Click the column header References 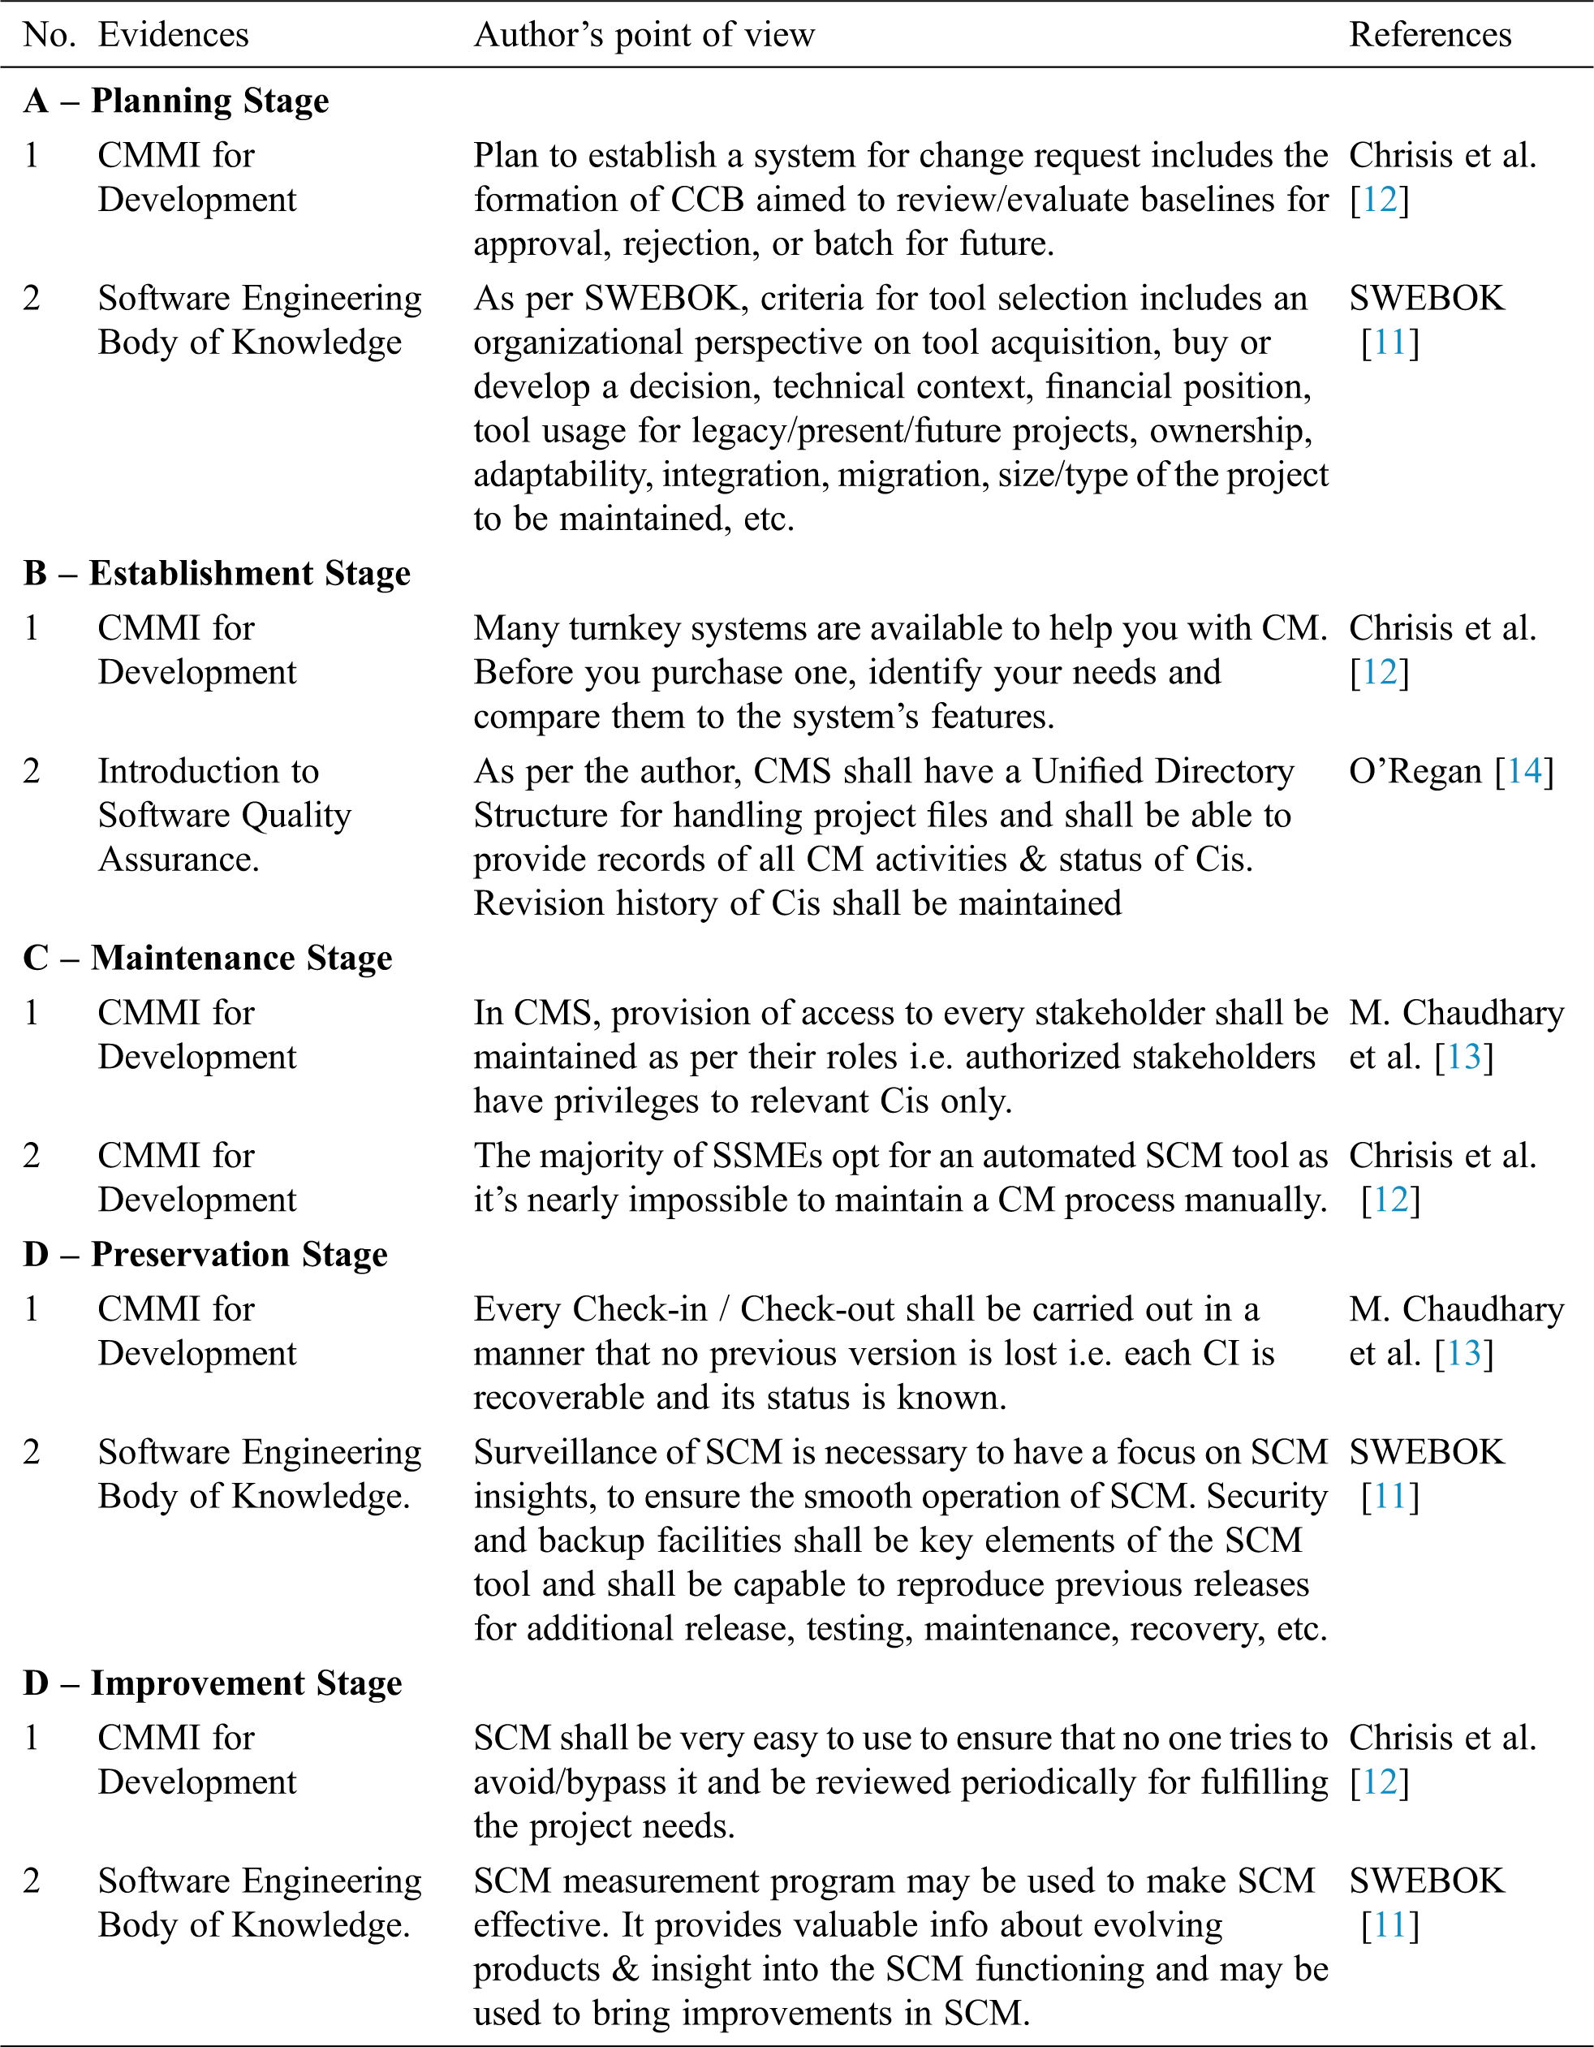(1429, 35)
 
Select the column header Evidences (174, 35)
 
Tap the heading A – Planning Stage (176, 101)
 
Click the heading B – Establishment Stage (217, 573)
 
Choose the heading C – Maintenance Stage (207, 958)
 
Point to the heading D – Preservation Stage (205, 1254)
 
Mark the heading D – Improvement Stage (213, 1683)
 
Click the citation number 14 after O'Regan (1523, 771)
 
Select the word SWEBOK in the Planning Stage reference (1426, 298)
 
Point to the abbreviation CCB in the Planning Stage (708, 200)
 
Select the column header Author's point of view (644, 35)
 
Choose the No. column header (48, 35)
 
